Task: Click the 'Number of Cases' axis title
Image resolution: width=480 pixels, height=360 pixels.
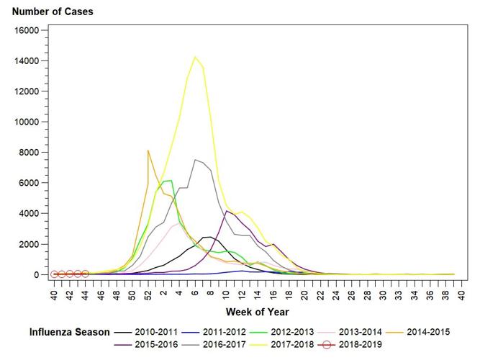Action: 53,12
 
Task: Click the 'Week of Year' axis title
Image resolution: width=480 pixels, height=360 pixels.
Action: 257,312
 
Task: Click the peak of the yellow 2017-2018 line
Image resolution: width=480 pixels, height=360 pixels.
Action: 195,57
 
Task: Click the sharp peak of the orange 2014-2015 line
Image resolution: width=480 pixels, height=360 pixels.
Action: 148,150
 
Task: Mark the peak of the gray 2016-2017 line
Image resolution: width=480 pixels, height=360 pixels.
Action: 195,160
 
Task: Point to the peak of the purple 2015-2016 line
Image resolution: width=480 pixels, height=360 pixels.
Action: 227,211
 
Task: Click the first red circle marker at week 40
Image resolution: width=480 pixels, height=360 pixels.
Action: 54,274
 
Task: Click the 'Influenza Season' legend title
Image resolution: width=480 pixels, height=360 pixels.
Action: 70,332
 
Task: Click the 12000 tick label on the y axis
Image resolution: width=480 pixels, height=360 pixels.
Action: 29,91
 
